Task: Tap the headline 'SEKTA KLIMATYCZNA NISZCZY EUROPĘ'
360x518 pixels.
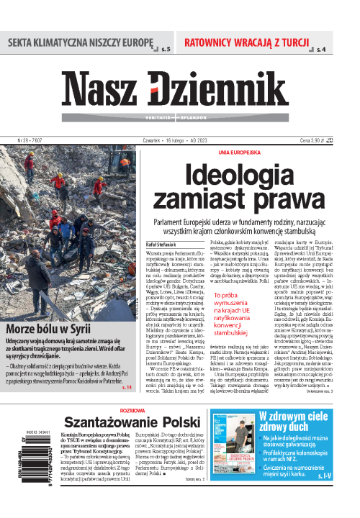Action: point(81,42)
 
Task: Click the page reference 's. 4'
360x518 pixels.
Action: point(321,50)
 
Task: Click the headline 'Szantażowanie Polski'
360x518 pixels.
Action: point(139,423)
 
